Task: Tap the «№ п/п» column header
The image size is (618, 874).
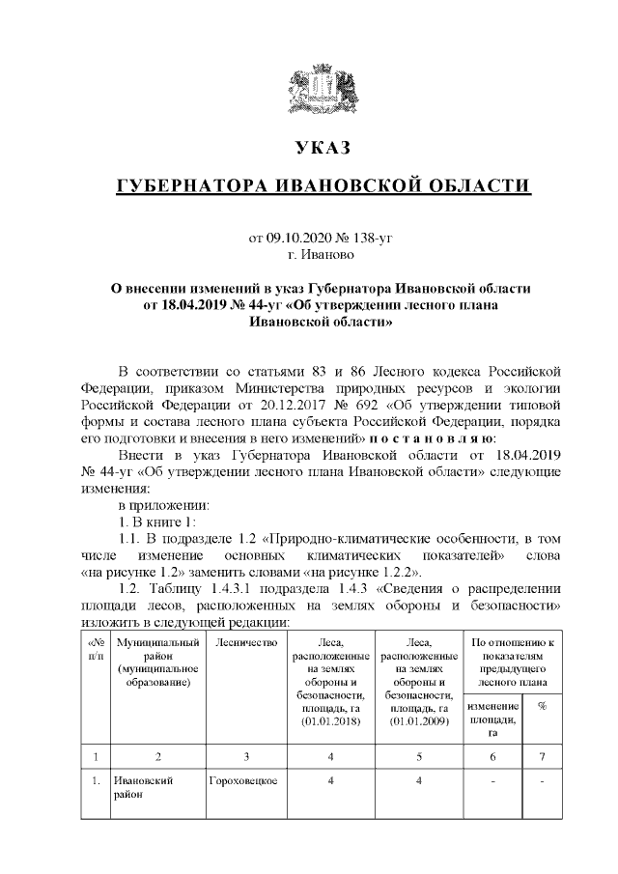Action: point(96,649)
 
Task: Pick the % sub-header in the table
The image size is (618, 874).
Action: point(542,706)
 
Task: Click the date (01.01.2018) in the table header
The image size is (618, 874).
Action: point(330,721)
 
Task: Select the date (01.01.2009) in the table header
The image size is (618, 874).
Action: point(419,721)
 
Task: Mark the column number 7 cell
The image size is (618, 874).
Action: point(542,756)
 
